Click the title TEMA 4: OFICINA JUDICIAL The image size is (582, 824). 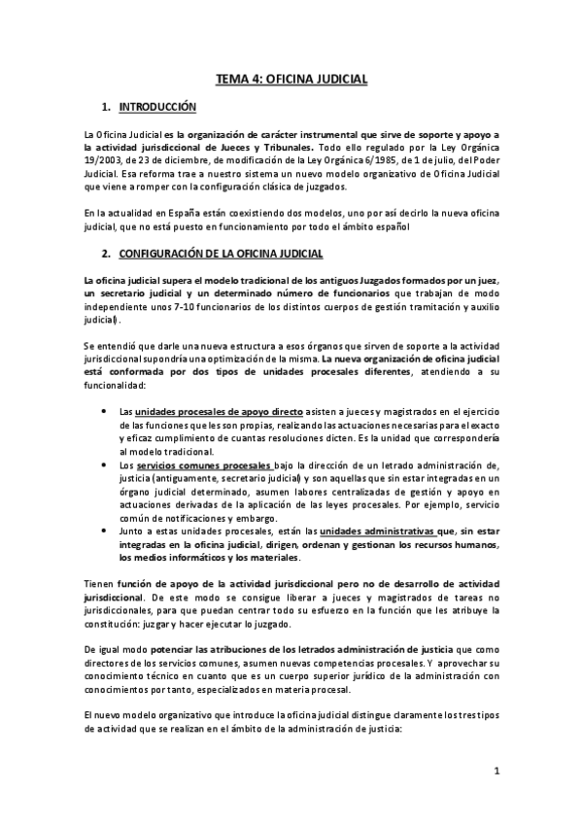point(291,82)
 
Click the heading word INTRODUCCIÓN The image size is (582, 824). point(156,106)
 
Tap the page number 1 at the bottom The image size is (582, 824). point(496,772)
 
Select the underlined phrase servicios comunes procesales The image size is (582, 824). point(191,465)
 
